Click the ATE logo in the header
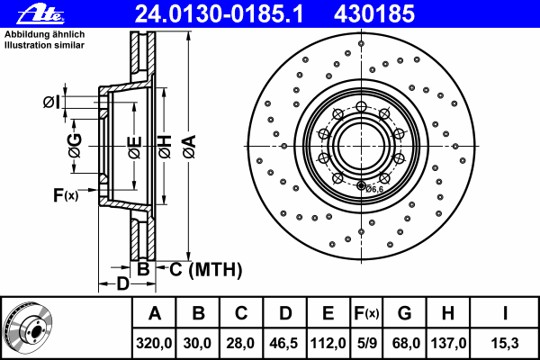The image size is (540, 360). pos(40,14)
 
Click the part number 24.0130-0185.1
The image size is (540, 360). pos(219,14)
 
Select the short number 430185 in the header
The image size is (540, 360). pos(374,14)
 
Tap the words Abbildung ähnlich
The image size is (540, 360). pos(44,34)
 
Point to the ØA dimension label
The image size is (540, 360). pos(190,147)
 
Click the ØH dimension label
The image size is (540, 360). pos(165,147)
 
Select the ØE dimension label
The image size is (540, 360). pos(135,148)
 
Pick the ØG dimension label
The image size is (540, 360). pos(75,146)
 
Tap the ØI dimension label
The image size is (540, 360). pos(51,102)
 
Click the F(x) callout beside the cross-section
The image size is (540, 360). pos(66,195)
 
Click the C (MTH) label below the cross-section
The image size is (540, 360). pos(206,269)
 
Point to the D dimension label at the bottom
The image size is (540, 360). pos(122,283)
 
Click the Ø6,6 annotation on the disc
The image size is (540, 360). pos(374,189)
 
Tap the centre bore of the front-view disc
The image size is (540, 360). pos(361,146)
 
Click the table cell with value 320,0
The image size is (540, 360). pos(154,343)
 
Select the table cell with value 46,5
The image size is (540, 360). pos(284,343)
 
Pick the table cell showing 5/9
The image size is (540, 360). pos(366,343)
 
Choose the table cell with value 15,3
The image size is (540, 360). pos(505,343)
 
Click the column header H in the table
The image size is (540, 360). pos(447,313)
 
